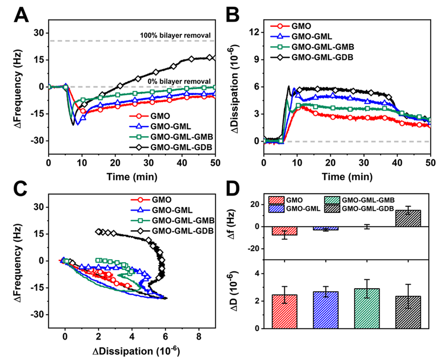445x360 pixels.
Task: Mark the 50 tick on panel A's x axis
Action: (x=214, y=164)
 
